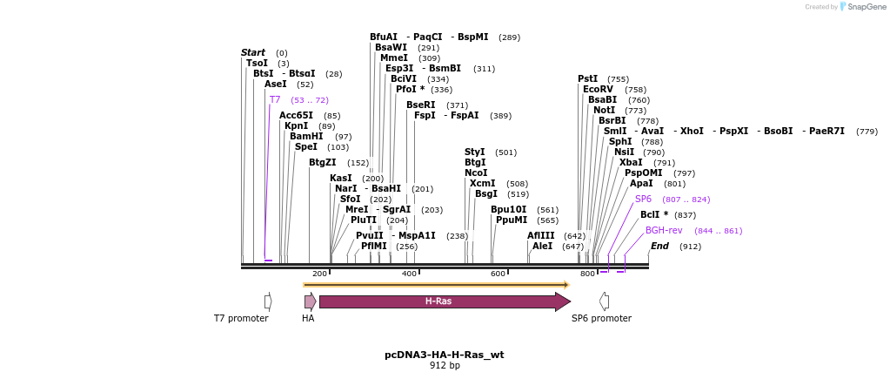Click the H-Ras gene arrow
pyautogui.click(x=438, y=301)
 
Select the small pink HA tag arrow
pyautogui.click(x=311, y=301)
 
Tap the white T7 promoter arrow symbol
pyautogui.click(x=268, y=301)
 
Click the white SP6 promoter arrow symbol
pyautogui.click(x=604, y=301)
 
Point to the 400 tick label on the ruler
pyautogui.click(x=409, y=274)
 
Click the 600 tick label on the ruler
pyautogui.click(x=499, y=274)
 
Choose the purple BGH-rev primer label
pyautogui.click(x=664, y=231)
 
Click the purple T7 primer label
pyautogui.click(x=275, y=100)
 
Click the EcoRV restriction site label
pyautogui.click(x=598, y=90)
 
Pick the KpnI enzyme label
pyautogui.click(x=296, y=126)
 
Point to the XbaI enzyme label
pyautogui.click(x=631, y=162)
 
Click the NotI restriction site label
pyautogui.click(x=604, y=111)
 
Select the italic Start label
pyautogui.click(x=253, y=53)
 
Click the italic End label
pyautogui.click(x=659, y=246)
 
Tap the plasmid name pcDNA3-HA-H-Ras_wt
pyautogui.click(x=444, y=355)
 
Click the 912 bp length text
pyautogui.click(x=445, y=366)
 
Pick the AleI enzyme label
pyautogui.click(x=542, y=246)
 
